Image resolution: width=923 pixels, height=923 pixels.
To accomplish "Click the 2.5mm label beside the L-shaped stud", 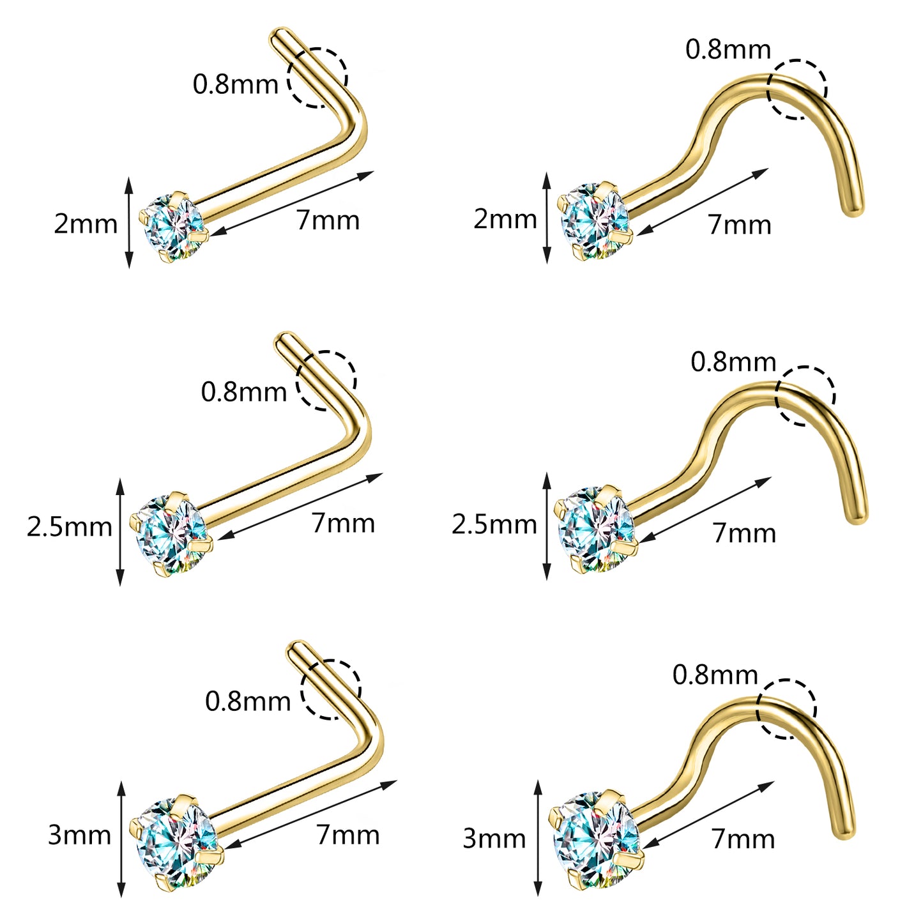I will pos(69,527).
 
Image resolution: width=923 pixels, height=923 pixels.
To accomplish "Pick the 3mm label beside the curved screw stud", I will pos(494,839).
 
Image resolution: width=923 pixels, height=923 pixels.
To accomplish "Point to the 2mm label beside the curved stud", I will pos(505,219).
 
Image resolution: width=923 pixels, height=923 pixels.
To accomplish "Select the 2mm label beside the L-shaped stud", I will pos(86,224).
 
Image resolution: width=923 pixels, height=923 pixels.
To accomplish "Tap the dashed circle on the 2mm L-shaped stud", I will pos(317,77).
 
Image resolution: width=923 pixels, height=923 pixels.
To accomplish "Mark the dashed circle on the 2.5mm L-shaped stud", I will pos(326,380).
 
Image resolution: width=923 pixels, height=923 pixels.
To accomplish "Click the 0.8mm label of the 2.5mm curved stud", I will pos(733,362).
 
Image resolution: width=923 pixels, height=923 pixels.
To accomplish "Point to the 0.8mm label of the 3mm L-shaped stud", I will pos(248,701).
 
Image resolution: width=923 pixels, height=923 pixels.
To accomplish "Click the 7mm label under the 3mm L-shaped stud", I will pos(347,834).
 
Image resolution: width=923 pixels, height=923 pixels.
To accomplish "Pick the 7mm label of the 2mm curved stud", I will pos(739,224).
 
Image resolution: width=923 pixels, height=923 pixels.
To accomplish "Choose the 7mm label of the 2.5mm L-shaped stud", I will pos(343,523).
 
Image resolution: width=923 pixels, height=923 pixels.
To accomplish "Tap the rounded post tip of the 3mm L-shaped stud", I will pos(296,648).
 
